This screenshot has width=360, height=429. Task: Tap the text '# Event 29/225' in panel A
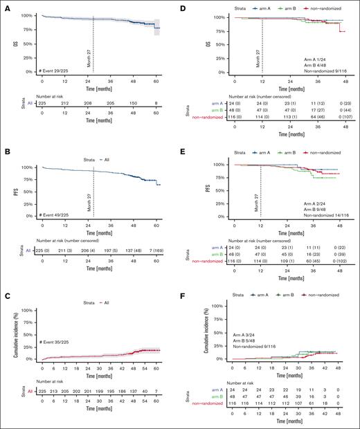point(57,71)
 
